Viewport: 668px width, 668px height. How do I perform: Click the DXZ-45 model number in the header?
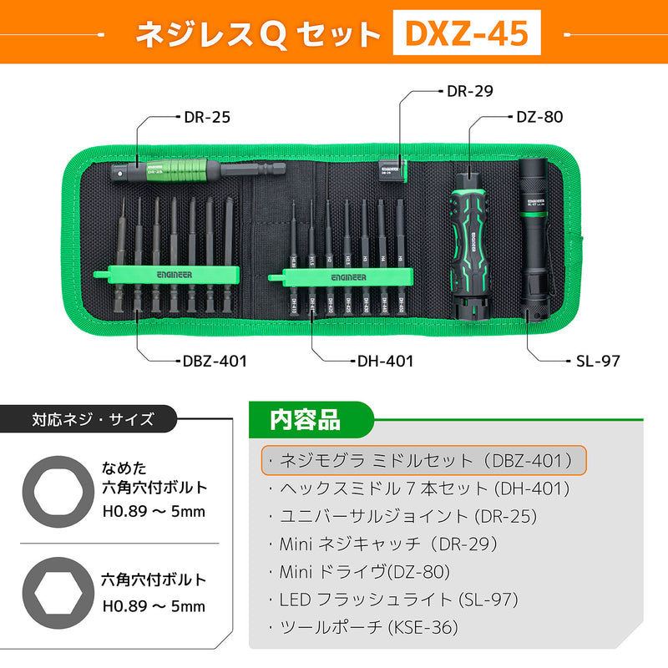coord(467,33)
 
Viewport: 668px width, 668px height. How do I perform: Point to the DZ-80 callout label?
coord(539,117)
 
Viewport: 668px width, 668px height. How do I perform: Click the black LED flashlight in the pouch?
coord(532,237)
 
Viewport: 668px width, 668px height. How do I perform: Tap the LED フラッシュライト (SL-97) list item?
coord(393,599)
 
